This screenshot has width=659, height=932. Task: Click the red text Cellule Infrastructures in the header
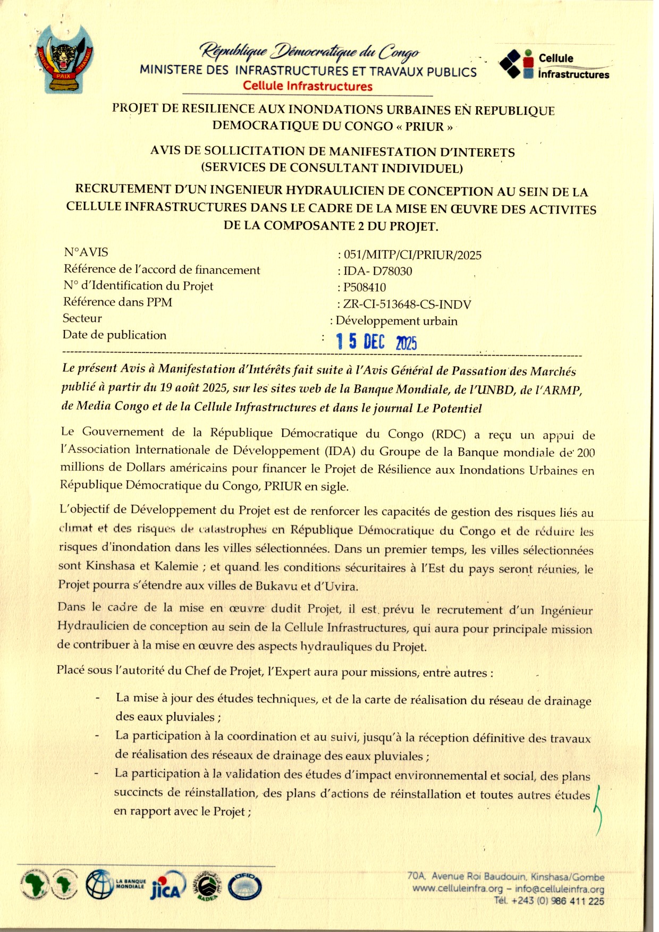[308, 86]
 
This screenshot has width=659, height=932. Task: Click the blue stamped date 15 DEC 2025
[376, 342]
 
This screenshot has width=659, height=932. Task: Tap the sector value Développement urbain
[396, 321]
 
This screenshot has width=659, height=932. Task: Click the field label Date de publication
[115, 335]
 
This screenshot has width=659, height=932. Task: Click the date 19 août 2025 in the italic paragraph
[195, 387]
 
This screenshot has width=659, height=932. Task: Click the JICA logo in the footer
[168, 886]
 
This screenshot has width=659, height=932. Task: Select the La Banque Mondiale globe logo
[100, 884]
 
